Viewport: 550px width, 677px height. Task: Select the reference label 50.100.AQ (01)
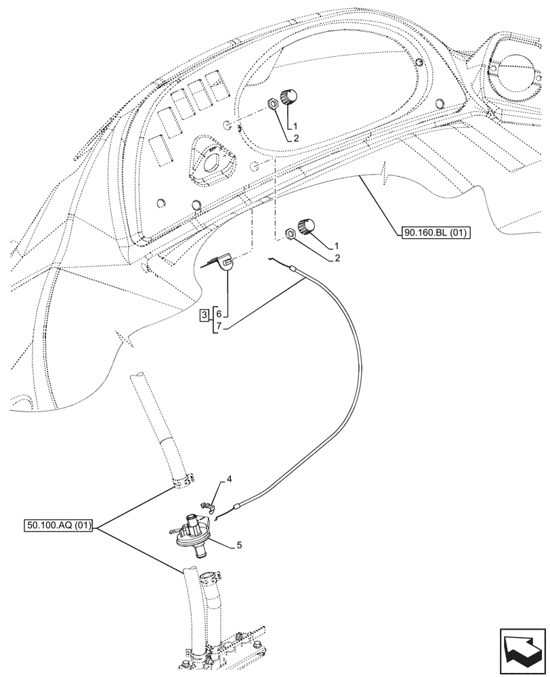coord(61,525)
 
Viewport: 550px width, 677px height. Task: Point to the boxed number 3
coord(204,315)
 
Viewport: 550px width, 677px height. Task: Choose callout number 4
coord(229,479)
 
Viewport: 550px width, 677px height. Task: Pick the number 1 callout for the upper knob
coord(295,126)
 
